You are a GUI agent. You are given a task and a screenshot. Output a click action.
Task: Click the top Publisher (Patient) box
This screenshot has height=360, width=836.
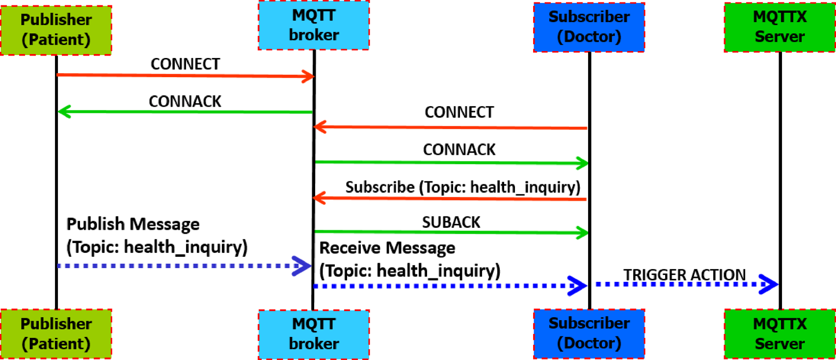pyautogui.click(x=56, y=29)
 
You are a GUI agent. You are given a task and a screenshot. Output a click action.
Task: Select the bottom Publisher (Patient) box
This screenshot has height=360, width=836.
pyautogui.click(x=56, y=333)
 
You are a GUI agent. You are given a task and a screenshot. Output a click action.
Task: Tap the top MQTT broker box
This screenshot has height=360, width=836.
pyautogui.click(x=314, y=25)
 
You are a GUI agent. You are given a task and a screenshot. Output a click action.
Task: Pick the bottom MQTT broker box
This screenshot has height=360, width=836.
pyautogui.click(x=314, y=334)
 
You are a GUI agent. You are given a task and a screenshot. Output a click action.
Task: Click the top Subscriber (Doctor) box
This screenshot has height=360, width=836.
pyautogui.click(x=589, y=27)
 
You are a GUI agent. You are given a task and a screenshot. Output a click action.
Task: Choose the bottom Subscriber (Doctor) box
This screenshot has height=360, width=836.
pyautogui.click(x=589, y=333)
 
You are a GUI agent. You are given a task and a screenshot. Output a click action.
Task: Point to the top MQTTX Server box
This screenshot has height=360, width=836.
pyautogui.click(x=780, y=27)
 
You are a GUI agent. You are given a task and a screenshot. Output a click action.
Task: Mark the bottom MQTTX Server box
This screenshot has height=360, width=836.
pyautogui.click(x=780, y=333)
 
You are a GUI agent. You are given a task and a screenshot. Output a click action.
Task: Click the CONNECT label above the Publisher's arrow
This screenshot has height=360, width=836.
pyautogui.click(x=185, y=64)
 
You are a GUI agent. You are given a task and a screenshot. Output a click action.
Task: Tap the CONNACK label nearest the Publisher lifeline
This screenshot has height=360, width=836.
pyautogui.click(x=185, y=101)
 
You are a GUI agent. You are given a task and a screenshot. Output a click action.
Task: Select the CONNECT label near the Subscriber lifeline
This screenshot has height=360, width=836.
pyautogui.click(x=459, y=112)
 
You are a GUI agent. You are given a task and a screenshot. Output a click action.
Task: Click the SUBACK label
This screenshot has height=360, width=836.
pyautogui.click(x=451, y=222)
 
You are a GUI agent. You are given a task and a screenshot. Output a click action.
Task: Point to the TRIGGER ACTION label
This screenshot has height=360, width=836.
pyautogui.click(x=684, y=275)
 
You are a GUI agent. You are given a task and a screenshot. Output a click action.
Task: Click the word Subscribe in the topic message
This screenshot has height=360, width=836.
pyautogui.click(x=380, y=187)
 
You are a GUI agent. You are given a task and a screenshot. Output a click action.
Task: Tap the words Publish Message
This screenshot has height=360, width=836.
pyautogui.click(x=133, y=224)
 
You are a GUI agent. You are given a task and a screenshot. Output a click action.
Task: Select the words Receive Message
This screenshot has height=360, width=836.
pyautogui.click(x=387, y=248)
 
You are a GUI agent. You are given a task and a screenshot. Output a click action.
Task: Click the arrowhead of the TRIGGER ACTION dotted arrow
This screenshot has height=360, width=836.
pyautogui.click(x=769, y=284)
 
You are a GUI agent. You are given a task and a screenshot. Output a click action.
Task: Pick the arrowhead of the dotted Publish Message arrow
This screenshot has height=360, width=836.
pyautogui.click(x=301, y=266)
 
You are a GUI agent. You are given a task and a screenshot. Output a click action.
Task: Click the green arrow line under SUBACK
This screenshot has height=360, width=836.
pyautogui.click(x=451, y=232)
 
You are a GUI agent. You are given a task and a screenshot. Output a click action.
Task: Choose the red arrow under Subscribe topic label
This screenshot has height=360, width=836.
pyautogui.click(x=451, y=199)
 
